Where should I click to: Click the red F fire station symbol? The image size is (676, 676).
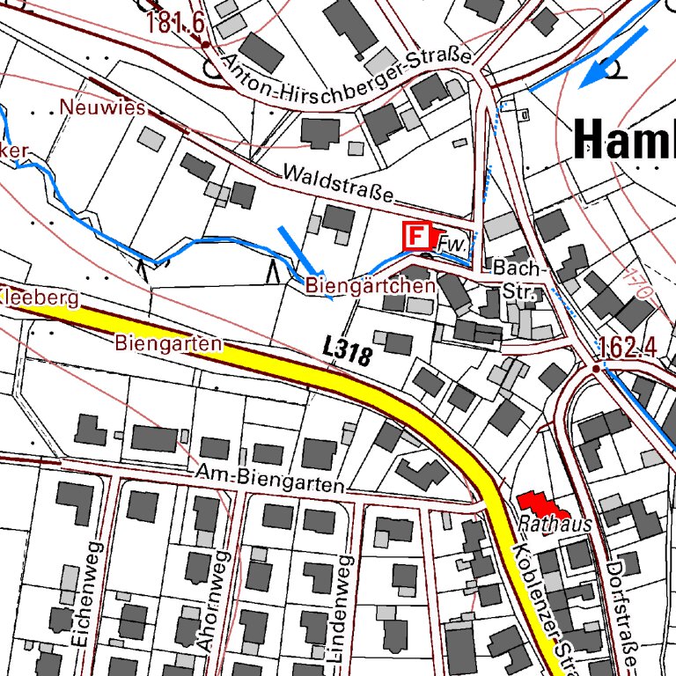coord(415,236)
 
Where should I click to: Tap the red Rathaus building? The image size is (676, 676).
coord(542,504)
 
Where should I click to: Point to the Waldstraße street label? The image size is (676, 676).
coord(337,185)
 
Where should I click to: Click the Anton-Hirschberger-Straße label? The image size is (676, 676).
coord(347,77)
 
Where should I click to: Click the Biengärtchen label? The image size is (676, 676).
coord(370,286)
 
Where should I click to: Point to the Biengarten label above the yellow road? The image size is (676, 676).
coord(167,343)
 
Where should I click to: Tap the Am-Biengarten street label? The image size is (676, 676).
coord(270,480)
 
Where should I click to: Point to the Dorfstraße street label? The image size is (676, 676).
coord(628,607)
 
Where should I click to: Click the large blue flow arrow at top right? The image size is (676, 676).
coord(613,57)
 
